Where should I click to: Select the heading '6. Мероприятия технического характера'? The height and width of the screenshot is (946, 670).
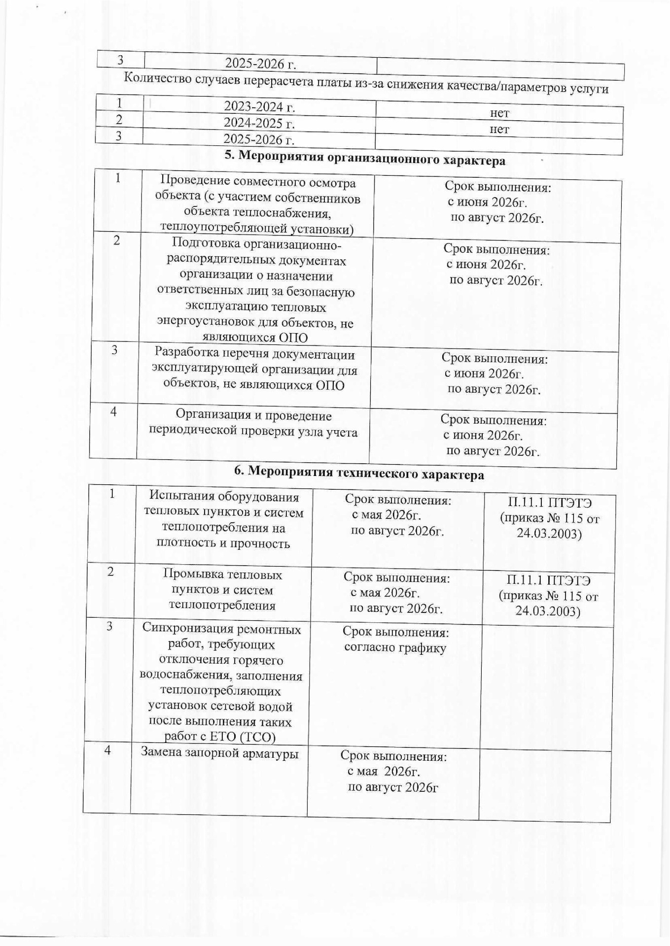click(359, 473)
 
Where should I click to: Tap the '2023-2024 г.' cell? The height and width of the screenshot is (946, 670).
click(259, 106)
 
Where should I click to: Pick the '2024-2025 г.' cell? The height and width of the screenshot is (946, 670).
click(259, 123)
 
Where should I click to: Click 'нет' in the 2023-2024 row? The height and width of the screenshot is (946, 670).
click(499, 113)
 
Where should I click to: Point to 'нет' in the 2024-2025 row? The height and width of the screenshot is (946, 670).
click(499, 129)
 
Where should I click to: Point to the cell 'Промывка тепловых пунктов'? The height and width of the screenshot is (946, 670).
click(222, 590)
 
